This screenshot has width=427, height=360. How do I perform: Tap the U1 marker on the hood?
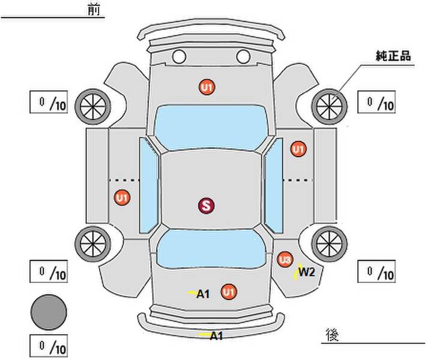click(207, 88)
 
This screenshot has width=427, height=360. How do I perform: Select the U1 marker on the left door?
click(122, 197)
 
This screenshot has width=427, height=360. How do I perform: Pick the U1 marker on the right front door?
click(298, 148)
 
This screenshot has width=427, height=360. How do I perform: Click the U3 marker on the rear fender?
click(285, 259)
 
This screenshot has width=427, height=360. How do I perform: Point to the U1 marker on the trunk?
click(228, 292)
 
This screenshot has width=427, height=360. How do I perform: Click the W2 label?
click(307, 272)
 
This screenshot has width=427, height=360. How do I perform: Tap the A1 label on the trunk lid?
click(203, 293)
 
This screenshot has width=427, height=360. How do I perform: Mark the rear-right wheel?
click(329, 242)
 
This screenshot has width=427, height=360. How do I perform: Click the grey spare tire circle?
click(49, 312)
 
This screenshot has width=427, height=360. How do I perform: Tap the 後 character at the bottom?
click(331, 334)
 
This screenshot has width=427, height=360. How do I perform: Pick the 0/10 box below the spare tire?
click(49, 346)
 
